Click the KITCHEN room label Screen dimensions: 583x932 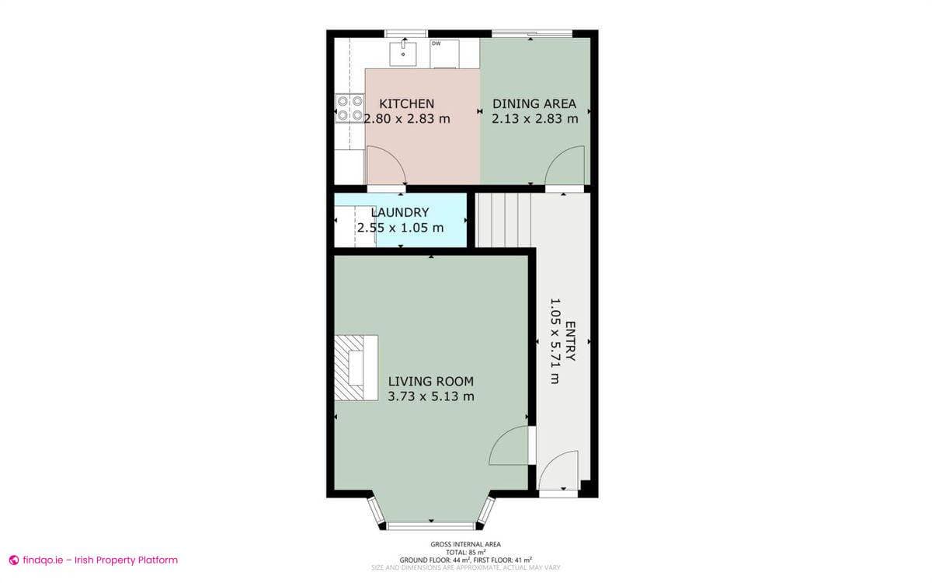pyautogui.click(x=406, y=103)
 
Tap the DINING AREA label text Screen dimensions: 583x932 pyautogui.click(x=534, y=103)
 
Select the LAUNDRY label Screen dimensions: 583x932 pyautogui.click(x=400, y=212)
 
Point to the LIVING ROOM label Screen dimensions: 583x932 pyautogui.click(x=430, y=381)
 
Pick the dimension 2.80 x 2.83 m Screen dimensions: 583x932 pyautogui.click(x=407, y=119)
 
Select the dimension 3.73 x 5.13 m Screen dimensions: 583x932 pyautogui.click(x=430, y=396)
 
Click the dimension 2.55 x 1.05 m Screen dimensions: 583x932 pyautogui.click(x=400, y=228)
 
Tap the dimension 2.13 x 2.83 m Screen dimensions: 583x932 pyautogui.click(x=534, y=119)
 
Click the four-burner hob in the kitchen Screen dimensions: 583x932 pyautogui.click(x=349, y=108)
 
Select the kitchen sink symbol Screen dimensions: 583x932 pyautogui.click(x=403, y=54)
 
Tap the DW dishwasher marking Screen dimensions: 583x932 pyautogui.click(x=436, y=44)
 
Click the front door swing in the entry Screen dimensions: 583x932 pyautogui.click(x=558, y=472)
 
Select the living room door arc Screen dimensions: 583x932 pyautogui.click(x=509, y=446)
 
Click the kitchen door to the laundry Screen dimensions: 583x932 pyautogui.click(x=384, y=167)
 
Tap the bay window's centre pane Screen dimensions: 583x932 pyautogui.click(x=430, y=526)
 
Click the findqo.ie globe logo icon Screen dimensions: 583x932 pyautogui.click(x=13, y=560)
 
